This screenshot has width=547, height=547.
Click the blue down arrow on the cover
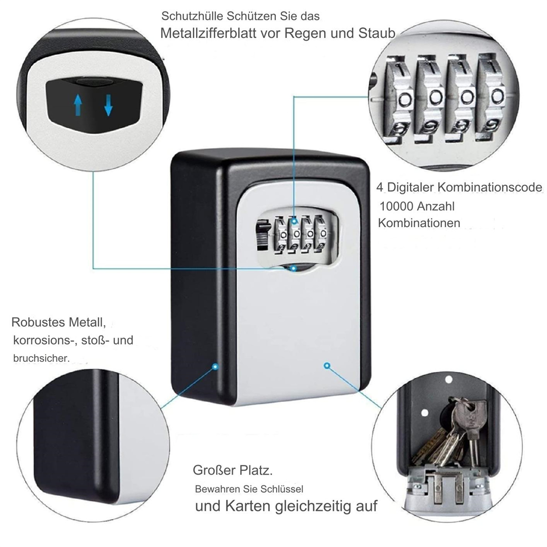108,105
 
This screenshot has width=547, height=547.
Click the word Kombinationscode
490,188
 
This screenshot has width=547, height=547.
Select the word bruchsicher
41,358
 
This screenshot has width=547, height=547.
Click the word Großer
214,470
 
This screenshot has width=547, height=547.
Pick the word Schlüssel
282,489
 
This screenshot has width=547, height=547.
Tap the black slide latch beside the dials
262,235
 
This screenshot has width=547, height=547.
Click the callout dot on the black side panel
216,367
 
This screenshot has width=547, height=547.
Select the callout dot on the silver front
327,366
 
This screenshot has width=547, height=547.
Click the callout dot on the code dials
294,221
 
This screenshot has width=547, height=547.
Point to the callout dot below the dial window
294,268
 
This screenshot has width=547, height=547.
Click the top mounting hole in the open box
448,379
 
